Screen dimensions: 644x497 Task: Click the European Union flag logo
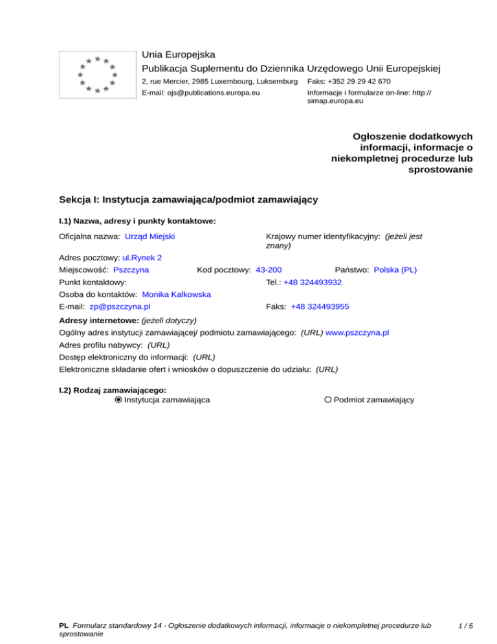pos(96,74)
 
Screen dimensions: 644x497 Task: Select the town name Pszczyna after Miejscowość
pos(131,270)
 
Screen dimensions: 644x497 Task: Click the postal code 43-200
pos(269,270)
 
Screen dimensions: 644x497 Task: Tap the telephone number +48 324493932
pos(313,282)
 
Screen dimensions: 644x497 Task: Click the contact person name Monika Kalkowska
pos(177,294)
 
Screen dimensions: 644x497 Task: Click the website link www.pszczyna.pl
pos(357,332)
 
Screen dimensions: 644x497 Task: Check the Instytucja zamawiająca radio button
pos(118,400)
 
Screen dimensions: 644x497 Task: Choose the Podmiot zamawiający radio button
pos(328,400)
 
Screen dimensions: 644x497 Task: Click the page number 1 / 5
pos(463,626)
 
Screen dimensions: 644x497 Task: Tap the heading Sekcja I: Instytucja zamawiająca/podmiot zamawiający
pos(188,200)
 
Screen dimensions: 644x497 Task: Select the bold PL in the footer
pos(63,626)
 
